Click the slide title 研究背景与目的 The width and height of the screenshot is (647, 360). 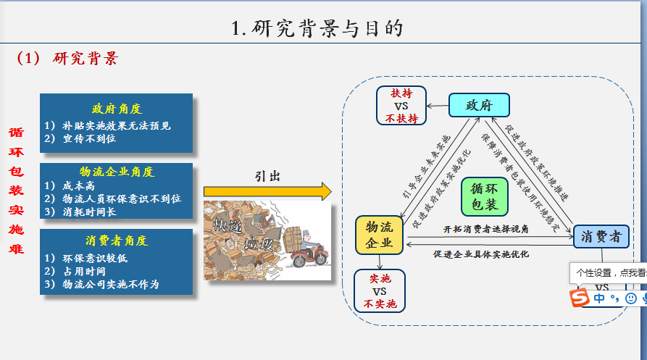tap(317, 28)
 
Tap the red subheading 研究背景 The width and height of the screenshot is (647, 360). tap(85, 59)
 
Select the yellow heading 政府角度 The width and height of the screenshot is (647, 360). tap(116, 109)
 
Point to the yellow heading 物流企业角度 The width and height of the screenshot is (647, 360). tap(117, 172)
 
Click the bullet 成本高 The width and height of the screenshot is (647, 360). tap(75, 185)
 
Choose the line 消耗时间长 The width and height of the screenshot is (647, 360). tap(91, 212)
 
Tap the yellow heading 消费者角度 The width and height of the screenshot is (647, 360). tap(116, 240)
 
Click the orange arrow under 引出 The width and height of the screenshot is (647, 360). tap(267, 191)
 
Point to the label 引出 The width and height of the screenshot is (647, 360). tap(267, 176)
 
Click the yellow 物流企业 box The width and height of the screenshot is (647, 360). tap(379, 235)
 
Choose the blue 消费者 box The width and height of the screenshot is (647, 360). tap(601, 236)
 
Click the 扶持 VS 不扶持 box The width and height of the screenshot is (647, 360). tap(401, 106)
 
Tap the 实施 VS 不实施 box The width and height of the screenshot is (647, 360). tap(379, 290)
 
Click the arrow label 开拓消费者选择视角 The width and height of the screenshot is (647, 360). tap(486, 229)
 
